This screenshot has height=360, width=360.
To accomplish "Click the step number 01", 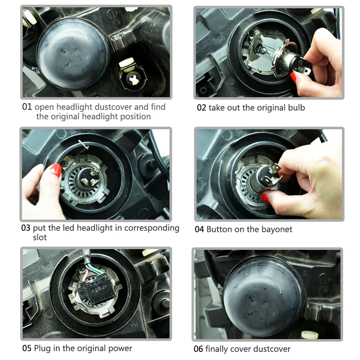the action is pos(27,107).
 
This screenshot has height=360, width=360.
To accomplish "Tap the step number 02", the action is pos(201,108).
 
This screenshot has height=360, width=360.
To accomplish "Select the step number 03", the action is pos(26,228).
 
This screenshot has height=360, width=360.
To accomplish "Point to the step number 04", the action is pos(199,229).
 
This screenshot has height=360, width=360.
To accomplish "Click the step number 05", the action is pos(27,348).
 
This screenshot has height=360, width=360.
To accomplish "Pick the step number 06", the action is pos(198,349).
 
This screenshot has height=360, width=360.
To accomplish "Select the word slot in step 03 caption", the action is pos(40,237).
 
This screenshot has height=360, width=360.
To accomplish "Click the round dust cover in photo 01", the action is pos(73,54).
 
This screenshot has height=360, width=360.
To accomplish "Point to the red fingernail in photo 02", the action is pos(294,77).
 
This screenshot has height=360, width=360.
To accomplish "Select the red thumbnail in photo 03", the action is pos(56,170).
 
